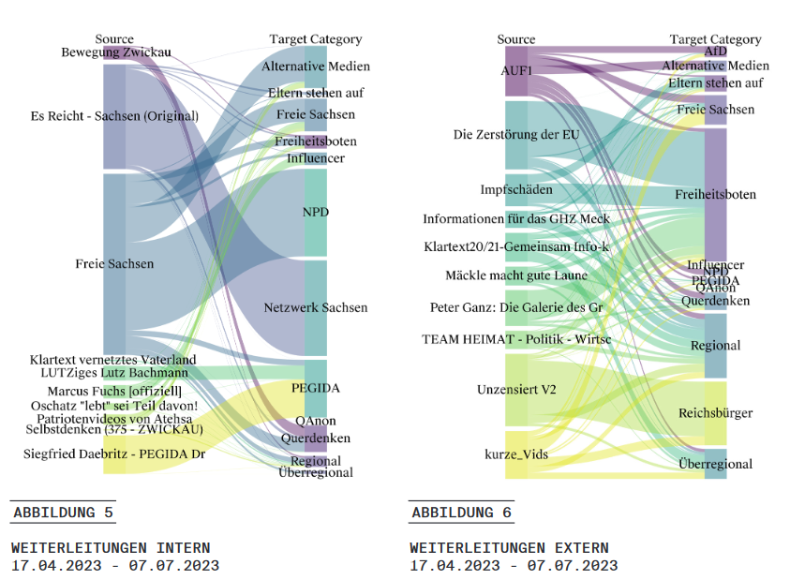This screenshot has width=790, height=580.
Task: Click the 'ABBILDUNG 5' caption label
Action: [x=63, y=513]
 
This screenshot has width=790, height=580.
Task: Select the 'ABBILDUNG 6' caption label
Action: [x=461, y=513]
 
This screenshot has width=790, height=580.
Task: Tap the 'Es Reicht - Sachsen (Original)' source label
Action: [x=114, y=116]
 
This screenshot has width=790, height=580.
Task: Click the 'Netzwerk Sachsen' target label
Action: [x=316, y=307]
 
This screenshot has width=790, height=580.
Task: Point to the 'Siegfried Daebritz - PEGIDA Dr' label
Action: [x=114, y=454]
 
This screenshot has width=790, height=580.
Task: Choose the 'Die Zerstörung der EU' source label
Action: [x=515, y=135]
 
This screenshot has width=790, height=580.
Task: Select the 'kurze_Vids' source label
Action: [x=515, y=454]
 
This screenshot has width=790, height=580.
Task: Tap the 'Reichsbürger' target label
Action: [x=715, y=413]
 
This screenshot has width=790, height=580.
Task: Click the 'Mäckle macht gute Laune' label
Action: [x=516, y=275]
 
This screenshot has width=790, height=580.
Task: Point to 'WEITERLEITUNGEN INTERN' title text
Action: [x=111, y=548]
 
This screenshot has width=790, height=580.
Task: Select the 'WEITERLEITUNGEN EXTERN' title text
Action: [x=509, y=548]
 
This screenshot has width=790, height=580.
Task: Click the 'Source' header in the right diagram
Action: [x=516, y=39]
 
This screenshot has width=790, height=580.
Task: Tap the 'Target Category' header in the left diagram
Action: [x=316, y=39]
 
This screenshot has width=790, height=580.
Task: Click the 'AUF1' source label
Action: [x=516, y=69]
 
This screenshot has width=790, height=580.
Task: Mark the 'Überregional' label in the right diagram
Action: [x=715, y=464]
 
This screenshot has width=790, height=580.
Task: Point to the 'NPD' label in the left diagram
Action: [x=316, y=213]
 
